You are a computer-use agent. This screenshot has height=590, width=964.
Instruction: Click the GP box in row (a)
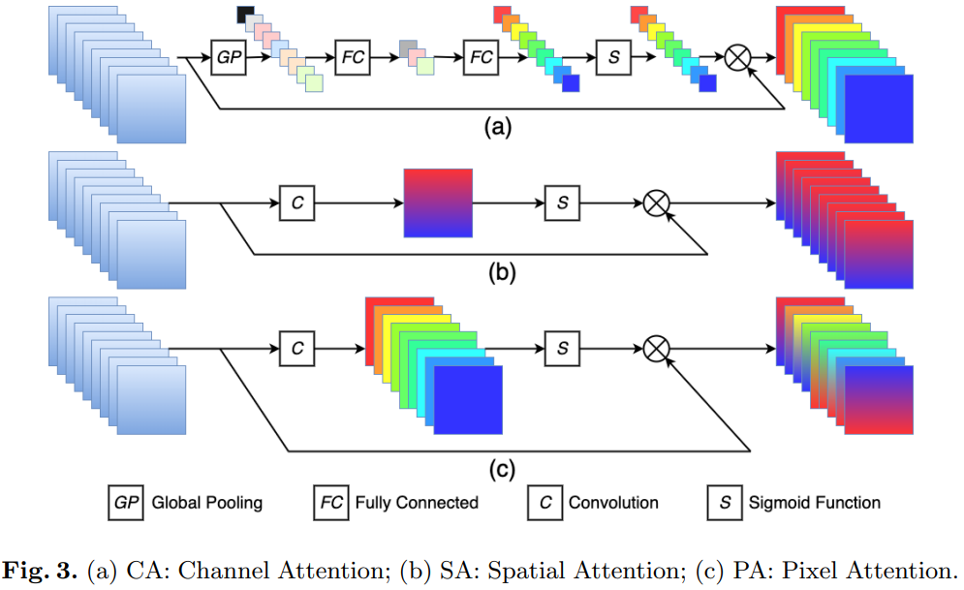pyautogui.click(x=229, y=57)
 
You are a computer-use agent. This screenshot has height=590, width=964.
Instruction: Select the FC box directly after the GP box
pyautogui.click(x=353, y=57)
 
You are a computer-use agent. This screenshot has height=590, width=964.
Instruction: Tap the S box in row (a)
pyautogui.click(x=613, y=57)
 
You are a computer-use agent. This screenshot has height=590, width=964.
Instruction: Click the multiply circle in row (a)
pyautogui.click(x=738, y=58)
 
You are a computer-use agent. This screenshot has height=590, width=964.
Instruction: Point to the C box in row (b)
pyautogui.click(x=296, y=202)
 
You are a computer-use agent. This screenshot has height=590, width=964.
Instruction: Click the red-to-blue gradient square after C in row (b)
pyautogui.click(x=438, y=202)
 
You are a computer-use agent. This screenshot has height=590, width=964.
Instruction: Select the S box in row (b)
pyautogui.click(x=562, y=202)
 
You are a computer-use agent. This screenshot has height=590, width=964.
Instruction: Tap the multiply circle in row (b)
pyautogui.click(x=657, y=202)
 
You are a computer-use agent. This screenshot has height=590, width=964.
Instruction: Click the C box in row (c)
pyautogui.click(x=296, y=347)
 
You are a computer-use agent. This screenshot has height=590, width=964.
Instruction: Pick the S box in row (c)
pyautogui.click(x=562, y=347)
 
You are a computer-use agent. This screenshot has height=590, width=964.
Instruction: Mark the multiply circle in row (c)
pyautogui.click(x=657, y=347)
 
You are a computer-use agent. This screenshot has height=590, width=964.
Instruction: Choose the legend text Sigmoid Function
pyautogui.click(x=814, y=503)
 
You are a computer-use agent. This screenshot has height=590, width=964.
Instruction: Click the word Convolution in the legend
pyautogui.click(x=612, y=503)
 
